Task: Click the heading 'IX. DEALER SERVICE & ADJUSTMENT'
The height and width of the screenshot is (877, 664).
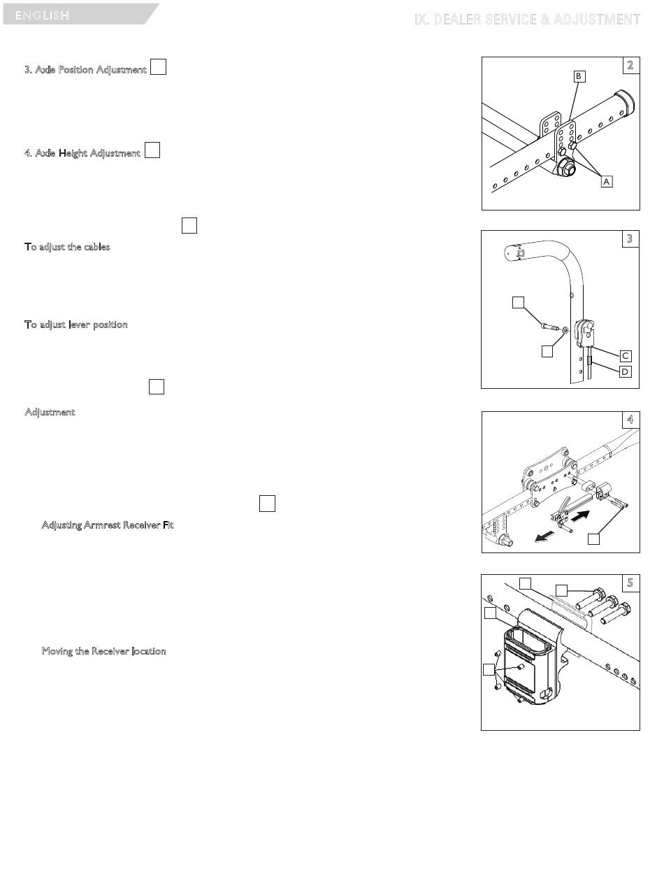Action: [527, 20]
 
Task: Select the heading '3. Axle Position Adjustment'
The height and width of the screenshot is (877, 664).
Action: [86, 70]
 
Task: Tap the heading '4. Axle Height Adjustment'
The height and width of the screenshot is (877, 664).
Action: [82, 152]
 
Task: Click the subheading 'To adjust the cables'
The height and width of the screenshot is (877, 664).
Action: [67, 247]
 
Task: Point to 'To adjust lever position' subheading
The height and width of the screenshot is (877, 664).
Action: [76, 325]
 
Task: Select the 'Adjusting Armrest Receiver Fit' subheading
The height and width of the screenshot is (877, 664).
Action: [108, 525]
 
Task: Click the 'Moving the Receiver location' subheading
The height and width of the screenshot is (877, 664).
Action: [103, 651]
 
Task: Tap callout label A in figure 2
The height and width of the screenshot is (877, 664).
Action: [606, 180]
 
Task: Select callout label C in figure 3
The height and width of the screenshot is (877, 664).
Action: [626, 355]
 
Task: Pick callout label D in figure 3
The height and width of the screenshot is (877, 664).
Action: [626, 371]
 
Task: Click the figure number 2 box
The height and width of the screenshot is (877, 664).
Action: [630, 65]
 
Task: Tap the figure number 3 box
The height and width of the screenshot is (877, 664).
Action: [630, 238]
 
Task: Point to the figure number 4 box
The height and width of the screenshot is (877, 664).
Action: [630, 420]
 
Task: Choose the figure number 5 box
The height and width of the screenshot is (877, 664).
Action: [630, 583]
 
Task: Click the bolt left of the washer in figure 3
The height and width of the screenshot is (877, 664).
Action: [550, 325]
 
